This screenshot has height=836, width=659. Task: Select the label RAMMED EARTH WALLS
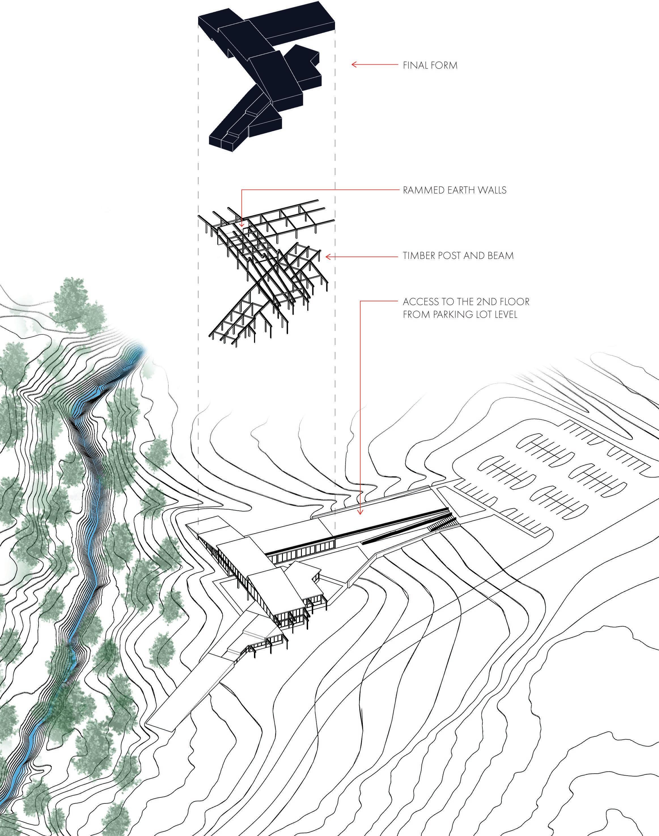(x=455, y=190)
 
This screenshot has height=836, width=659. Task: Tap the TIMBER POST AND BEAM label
(x=458, y=256)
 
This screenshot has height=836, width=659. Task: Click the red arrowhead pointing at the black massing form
(x=353, y=65)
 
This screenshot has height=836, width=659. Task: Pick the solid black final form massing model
(x=266, y=77)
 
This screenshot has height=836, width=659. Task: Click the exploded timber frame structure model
(x=266, y=270)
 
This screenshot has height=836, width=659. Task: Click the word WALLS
(x=492, y=190)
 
